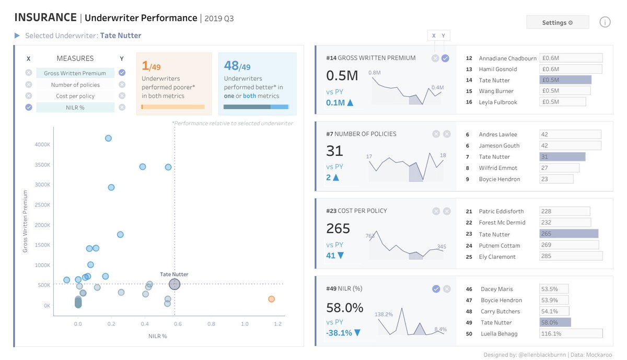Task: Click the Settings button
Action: [x=557, y=22]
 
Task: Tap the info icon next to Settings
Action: [x=605, y=22]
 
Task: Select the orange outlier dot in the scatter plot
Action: [x=271, y=299]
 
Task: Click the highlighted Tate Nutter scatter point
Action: [x=175, y=284]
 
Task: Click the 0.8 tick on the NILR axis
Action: [x=211, y=324]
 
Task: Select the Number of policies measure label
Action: [x=75, y=85]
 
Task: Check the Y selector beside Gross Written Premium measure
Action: [x=122, y=73]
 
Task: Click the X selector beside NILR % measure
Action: [x=29, y=107]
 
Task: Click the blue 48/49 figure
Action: [x=237, y=66]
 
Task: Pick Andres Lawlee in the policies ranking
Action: [x=498, y=134]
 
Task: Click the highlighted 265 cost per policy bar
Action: [x=568, y=234]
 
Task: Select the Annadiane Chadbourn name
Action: [x=507, y=59]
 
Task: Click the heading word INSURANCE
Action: [x=45, y=18]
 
